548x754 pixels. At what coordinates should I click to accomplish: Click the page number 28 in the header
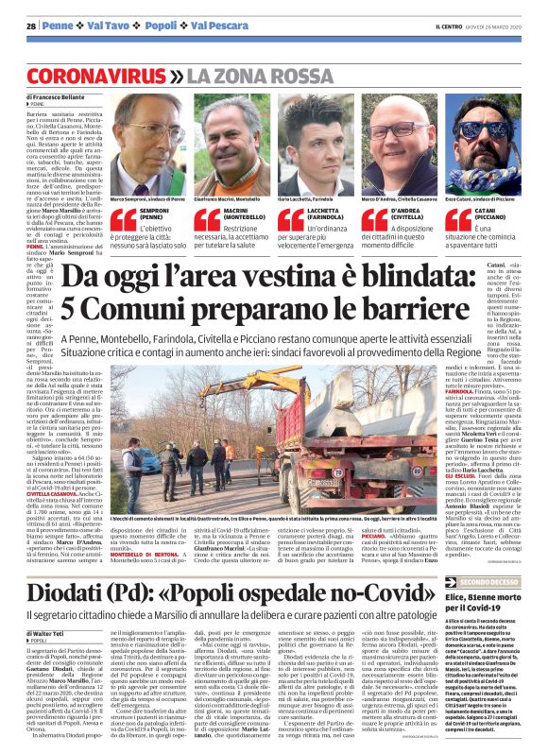click(31, 25)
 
